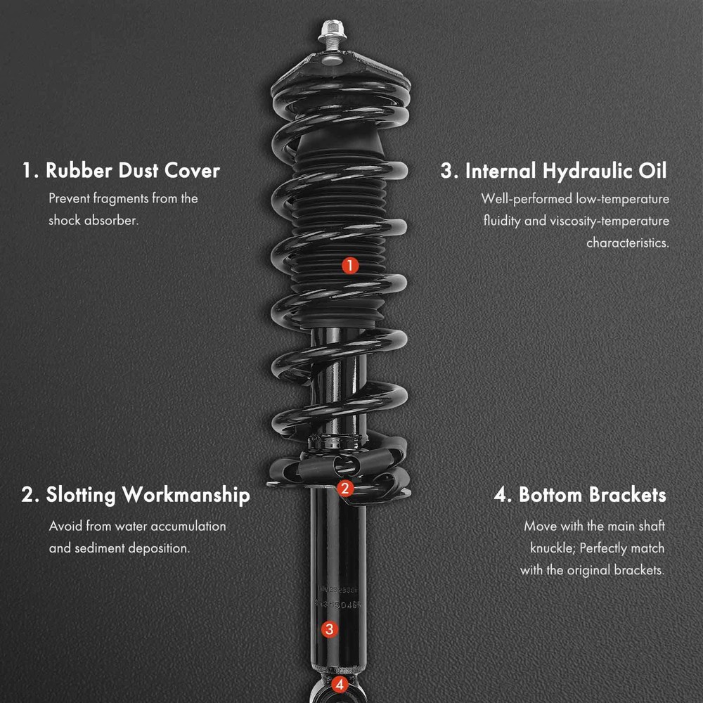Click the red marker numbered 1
(350, 266)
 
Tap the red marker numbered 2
(344, 489)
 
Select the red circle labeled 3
(330, 629)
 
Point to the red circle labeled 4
(340, 685)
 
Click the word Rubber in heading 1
(79, 170)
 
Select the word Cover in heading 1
(192, 170)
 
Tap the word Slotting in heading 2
(81, 495)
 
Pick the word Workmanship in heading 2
(186, 495)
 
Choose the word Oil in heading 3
(653, 170)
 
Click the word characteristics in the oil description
(628, 243)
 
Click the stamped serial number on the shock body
(337, 597)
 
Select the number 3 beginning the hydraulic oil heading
(447, 170)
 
